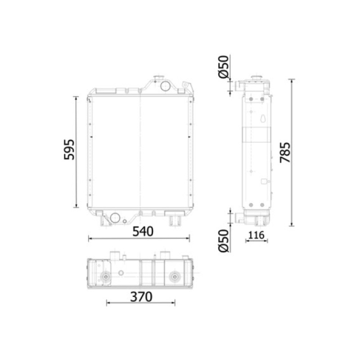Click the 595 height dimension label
point(69,149)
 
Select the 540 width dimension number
point(143,231)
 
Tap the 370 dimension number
point(141,297)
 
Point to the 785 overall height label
point(285,153)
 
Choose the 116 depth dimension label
point(256,235)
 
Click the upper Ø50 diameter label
point(224,67)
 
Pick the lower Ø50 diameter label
point(224,241)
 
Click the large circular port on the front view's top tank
point(165,86)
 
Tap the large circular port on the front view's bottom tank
point(115,218)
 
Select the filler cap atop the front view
point(159,77)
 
